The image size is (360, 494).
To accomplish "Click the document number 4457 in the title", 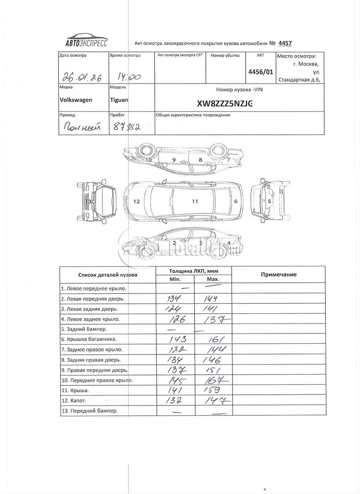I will pyautogui.click(x=284, y=43).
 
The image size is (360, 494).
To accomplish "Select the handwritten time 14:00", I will pyautogui.click(x=128, y=77).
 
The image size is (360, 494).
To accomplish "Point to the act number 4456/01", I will pyautogui.click(x=260, y=71).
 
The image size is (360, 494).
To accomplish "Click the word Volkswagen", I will pyautogui.click(x=76, y=100).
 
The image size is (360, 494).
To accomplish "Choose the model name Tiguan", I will pyautogui.click(x=119, y=100).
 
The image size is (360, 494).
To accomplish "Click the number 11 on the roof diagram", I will pyautogui.click(x=195, y=201).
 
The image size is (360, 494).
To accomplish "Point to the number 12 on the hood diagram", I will pyautogui.click(x=137, y=202).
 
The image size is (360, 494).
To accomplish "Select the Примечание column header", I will pyautogui.click(x=279, y=275).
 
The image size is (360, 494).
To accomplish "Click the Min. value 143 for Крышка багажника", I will pyautogui.click(x=179, y=339).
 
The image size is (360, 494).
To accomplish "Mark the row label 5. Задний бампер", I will pyautogui.click(x=84, y=329).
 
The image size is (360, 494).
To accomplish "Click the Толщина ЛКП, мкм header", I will pyautogui.click(x=194, y=271).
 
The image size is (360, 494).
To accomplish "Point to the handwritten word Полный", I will pyautogui.click(x=83, y=127).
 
